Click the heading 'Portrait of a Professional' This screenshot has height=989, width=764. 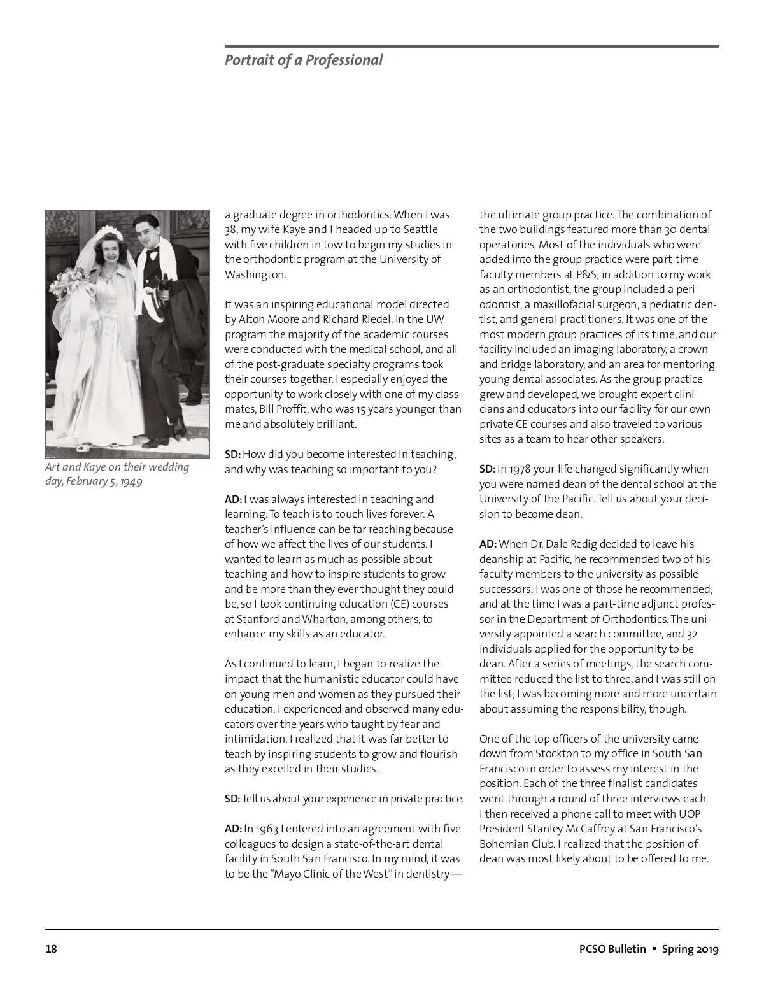(304, 60)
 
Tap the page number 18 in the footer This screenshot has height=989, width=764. (51, 950)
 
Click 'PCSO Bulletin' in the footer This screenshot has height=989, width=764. (608, 950)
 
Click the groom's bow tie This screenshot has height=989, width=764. (152, 253)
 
